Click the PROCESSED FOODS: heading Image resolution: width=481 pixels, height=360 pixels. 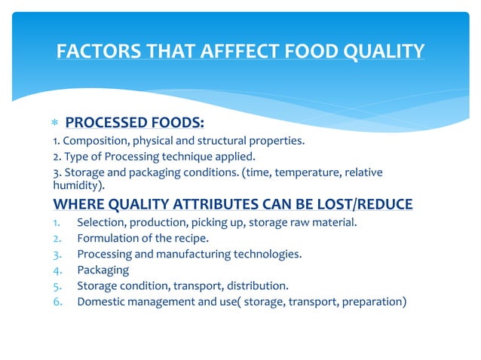(135, 123)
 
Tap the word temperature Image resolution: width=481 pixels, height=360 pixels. (301, 173)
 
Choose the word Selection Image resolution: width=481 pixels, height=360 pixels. (100, 221)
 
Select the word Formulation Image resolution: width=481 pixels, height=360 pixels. (107, 238)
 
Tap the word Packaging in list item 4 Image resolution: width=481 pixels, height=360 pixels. (103, 270)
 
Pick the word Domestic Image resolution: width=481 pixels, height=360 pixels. (101, 303)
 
